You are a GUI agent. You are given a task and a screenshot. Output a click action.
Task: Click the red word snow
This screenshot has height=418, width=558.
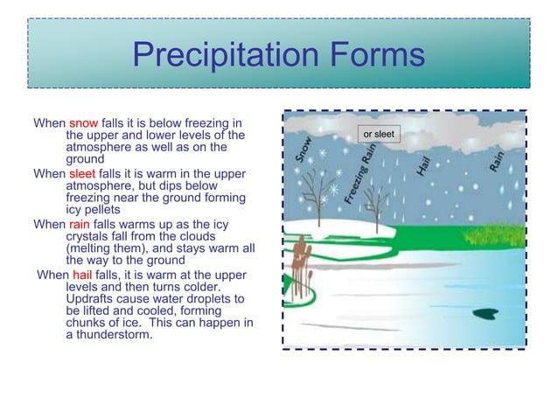[83, 123]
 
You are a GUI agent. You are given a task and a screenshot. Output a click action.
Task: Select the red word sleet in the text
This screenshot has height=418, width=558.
[82, 174]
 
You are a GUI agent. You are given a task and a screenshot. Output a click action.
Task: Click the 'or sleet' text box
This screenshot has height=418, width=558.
[379, 134]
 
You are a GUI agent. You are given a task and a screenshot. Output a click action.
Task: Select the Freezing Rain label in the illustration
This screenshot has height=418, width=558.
[361, 175]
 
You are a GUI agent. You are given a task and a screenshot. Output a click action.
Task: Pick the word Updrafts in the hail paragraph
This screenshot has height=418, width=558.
[93, 298]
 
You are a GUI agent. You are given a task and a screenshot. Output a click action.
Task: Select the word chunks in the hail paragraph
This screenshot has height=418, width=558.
[88, 323]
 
